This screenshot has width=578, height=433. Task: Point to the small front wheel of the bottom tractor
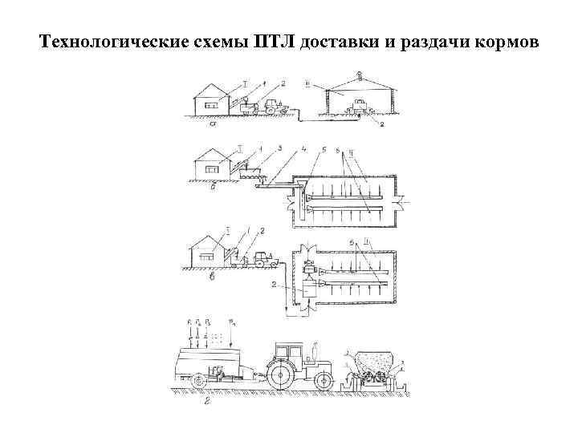(323, 378)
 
